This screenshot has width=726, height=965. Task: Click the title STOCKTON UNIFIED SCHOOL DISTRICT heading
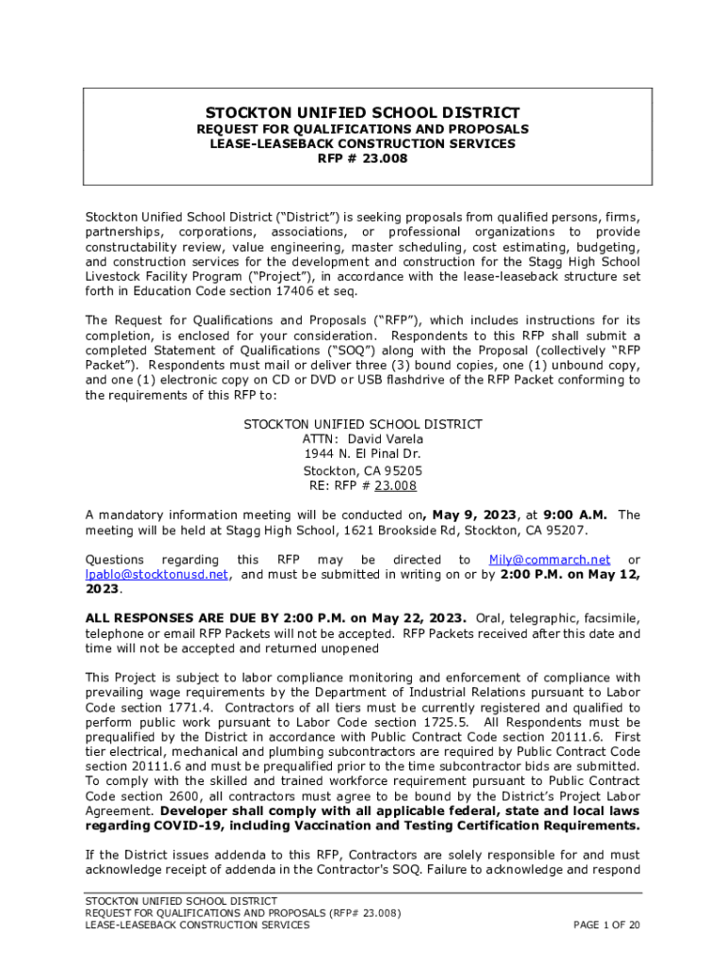363,112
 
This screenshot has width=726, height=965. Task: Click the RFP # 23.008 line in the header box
363,159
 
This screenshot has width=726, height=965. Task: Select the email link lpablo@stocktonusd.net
157,574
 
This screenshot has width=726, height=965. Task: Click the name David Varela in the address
386,439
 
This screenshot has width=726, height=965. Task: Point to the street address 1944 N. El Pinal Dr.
363,454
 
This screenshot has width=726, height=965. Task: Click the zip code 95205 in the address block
404,470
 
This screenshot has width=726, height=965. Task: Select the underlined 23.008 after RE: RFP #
395,486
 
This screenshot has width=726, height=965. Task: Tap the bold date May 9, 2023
471,515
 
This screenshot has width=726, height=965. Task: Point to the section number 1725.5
433,723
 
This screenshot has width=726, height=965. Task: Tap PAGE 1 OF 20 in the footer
607,925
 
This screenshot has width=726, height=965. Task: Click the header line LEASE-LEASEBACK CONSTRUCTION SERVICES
363,144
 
